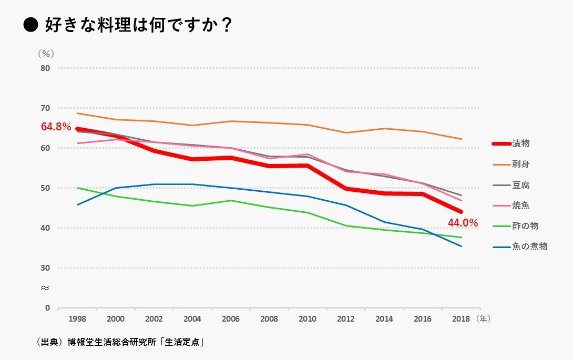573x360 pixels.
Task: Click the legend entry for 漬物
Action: (x=521, y=143)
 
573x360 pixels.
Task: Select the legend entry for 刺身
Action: (x=521, y=164)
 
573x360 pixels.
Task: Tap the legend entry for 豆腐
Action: (x=521, y=185)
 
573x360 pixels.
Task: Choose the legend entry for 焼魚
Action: (x=521, y=205)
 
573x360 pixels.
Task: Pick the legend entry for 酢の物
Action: (x=525, y=226)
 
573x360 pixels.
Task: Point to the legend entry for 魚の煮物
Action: (x=529, y=246)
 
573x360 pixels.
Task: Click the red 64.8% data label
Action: (x=56, y=127)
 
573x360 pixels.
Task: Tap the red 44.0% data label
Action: (x=463, y=223)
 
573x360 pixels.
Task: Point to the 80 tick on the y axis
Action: (x=45, y=68)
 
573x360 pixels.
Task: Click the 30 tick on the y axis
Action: (x=45, y=268)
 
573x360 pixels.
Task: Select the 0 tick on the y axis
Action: (x=47, y=308)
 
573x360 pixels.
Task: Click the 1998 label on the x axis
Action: (x=77, y=319)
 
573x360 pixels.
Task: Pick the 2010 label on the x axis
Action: (x=308, y=319)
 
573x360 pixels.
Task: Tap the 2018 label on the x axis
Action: (x=461, y=319)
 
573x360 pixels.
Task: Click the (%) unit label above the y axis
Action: (x=46, y=54)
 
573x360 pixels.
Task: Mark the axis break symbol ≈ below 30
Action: (x=45, y=288)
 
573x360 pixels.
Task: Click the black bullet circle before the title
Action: (x=31, y=25)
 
